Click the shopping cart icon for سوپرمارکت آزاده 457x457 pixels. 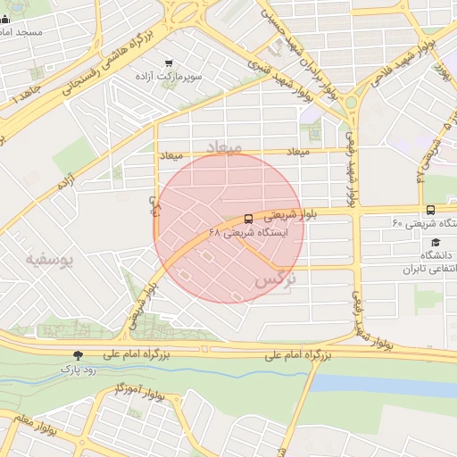point(168,63)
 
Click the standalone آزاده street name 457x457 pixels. point(65,183)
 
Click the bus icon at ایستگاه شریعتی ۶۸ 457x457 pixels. point(247,218)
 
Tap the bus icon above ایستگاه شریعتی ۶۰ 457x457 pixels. point(431,211)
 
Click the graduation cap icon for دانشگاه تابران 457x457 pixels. point(435,242)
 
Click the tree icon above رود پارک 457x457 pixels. point(78,353)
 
